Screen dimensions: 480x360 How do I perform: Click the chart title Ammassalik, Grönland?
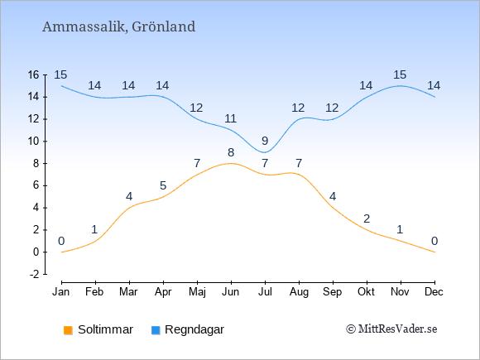tap(119, 26)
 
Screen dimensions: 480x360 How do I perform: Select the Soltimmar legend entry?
tap(98, 329)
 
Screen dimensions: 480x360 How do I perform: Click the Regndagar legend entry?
tap(188, 329)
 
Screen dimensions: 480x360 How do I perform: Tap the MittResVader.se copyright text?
tap(391, 329)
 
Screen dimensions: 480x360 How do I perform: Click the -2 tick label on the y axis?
tap(35, 274)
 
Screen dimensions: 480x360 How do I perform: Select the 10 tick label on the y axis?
tap(34, 142)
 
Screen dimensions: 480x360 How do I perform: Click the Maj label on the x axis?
tap(197, 292)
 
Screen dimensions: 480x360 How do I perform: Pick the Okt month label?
tap(366, 292)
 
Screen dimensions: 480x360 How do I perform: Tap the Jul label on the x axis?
tap(265, 292)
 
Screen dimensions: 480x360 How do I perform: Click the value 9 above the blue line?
tap(265, 142)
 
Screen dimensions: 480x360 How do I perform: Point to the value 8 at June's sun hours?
tap(231, 152)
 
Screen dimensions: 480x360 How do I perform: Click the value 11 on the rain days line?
tap(231, 118)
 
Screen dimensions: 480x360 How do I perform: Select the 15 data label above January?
tap(60, 74)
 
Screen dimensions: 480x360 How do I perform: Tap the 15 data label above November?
tap(400, 74)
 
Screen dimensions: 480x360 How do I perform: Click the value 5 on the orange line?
tap(163, 185)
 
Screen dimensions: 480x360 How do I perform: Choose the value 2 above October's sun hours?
tap(367, 218)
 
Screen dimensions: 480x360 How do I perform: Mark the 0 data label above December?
tap(434, 241)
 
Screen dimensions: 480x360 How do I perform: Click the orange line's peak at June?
tap(231, 164)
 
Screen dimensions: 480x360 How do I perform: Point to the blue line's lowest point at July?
tap(265, 152)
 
